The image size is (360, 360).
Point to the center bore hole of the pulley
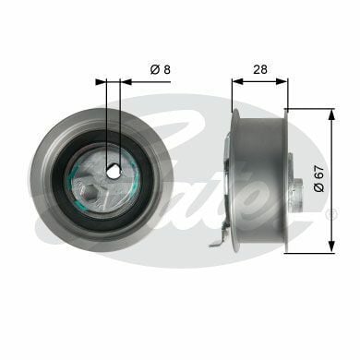[x=113, y=171]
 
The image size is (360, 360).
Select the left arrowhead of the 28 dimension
[x=234, y=81]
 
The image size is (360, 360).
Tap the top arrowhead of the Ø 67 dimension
[x=330, y=113]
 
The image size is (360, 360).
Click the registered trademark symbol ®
[x=332, y=213]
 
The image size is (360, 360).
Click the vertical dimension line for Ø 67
[x=330, y=148]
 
